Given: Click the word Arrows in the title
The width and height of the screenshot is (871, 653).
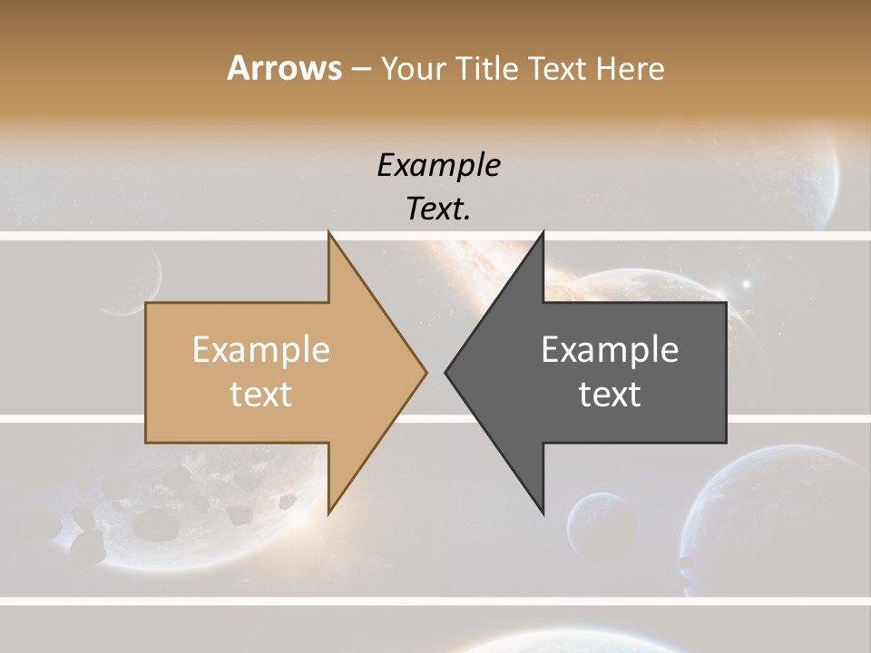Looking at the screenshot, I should click(x=284, y=68).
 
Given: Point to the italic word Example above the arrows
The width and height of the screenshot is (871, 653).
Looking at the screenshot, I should click(x=438, y=165).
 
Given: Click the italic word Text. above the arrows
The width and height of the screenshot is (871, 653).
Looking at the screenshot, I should click(x=438, y=209).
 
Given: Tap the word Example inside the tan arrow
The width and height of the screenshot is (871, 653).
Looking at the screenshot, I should click(x=261, y=349).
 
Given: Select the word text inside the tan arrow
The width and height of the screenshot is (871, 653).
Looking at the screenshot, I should click(x=261, y=394).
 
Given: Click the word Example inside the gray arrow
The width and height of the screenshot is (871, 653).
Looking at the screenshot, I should click(x=610, y=349).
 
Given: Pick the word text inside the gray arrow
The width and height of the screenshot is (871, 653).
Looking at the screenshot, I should click(x=610, y=394).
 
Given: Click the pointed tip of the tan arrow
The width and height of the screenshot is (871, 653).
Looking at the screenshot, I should click(x=426, y=371).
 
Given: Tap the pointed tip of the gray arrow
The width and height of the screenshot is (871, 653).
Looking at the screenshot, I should click(x=446, y=371).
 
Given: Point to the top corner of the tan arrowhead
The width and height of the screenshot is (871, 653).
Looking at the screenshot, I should click(x=329, y=233).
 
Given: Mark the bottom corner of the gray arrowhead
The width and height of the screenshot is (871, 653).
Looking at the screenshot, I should click(x=543, y=512).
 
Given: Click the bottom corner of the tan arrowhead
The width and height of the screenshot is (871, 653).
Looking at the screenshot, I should click(x=329, y=512).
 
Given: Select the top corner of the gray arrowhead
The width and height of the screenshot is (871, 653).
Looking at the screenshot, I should click(x=543, y=233).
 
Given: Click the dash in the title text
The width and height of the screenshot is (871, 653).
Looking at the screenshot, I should click(x=360, y=69).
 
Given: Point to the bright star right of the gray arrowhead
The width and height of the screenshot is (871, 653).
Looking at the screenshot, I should click(x=747, y=284).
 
